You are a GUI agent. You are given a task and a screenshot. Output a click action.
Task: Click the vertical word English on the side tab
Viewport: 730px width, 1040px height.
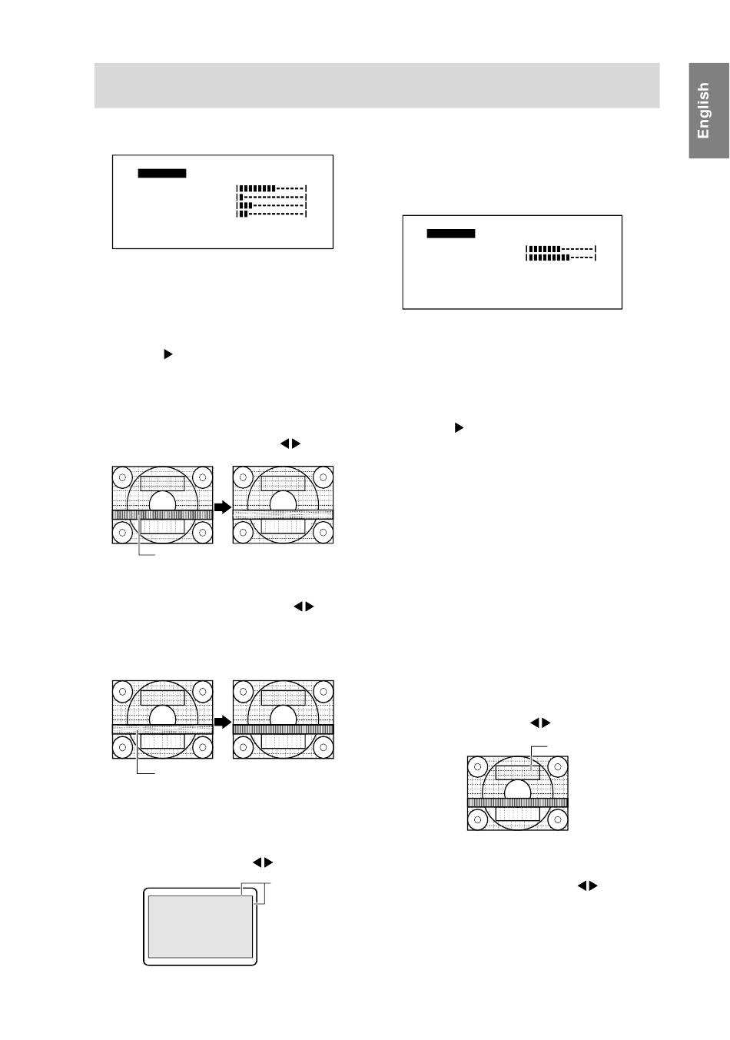[703, 111]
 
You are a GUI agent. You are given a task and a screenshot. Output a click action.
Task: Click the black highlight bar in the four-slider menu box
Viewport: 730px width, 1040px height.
[162, 174]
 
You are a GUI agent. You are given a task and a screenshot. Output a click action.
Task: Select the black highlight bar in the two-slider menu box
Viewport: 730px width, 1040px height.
[452, 234]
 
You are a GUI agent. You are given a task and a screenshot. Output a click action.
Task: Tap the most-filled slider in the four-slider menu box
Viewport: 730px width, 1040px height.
[271, 188]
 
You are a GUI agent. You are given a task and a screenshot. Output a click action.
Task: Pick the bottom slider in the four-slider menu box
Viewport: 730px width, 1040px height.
[271, 214]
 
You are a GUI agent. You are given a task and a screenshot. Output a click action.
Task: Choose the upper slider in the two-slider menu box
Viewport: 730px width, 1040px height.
[561, 249]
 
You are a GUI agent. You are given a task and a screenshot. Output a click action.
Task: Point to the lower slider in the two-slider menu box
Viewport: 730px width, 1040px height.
[561, 258]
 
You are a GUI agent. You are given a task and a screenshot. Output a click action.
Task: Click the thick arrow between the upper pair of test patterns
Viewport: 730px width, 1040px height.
[223, 507]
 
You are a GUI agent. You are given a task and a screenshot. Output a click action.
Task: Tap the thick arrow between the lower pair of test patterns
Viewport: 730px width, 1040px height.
[223, 723]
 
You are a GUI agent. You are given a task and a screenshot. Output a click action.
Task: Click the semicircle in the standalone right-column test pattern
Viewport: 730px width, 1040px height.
[518, 789]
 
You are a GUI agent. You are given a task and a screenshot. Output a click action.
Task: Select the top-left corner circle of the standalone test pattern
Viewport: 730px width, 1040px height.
[478, 766]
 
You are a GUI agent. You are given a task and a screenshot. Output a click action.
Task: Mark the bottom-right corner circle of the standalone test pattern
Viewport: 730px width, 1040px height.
[557, 819]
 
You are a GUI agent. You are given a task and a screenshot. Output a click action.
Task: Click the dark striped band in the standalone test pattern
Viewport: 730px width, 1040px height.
[518, 802]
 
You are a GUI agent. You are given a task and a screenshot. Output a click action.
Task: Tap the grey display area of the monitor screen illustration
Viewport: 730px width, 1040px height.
[200, 925]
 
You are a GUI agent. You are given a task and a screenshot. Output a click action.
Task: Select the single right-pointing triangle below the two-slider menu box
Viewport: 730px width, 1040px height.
[459, 427]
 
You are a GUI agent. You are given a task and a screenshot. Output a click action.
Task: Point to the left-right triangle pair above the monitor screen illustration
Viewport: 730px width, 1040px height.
[263, 863]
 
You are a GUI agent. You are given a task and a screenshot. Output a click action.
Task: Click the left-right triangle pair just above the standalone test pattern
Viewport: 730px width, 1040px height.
[541, 723]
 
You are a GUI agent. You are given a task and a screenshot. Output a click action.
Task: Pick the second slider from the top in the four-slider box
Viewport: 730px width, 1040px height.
[271, 197]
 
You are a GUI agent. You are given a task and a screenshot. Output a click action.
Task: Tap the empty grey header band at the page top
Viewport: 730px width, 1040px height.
[377, 85]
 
